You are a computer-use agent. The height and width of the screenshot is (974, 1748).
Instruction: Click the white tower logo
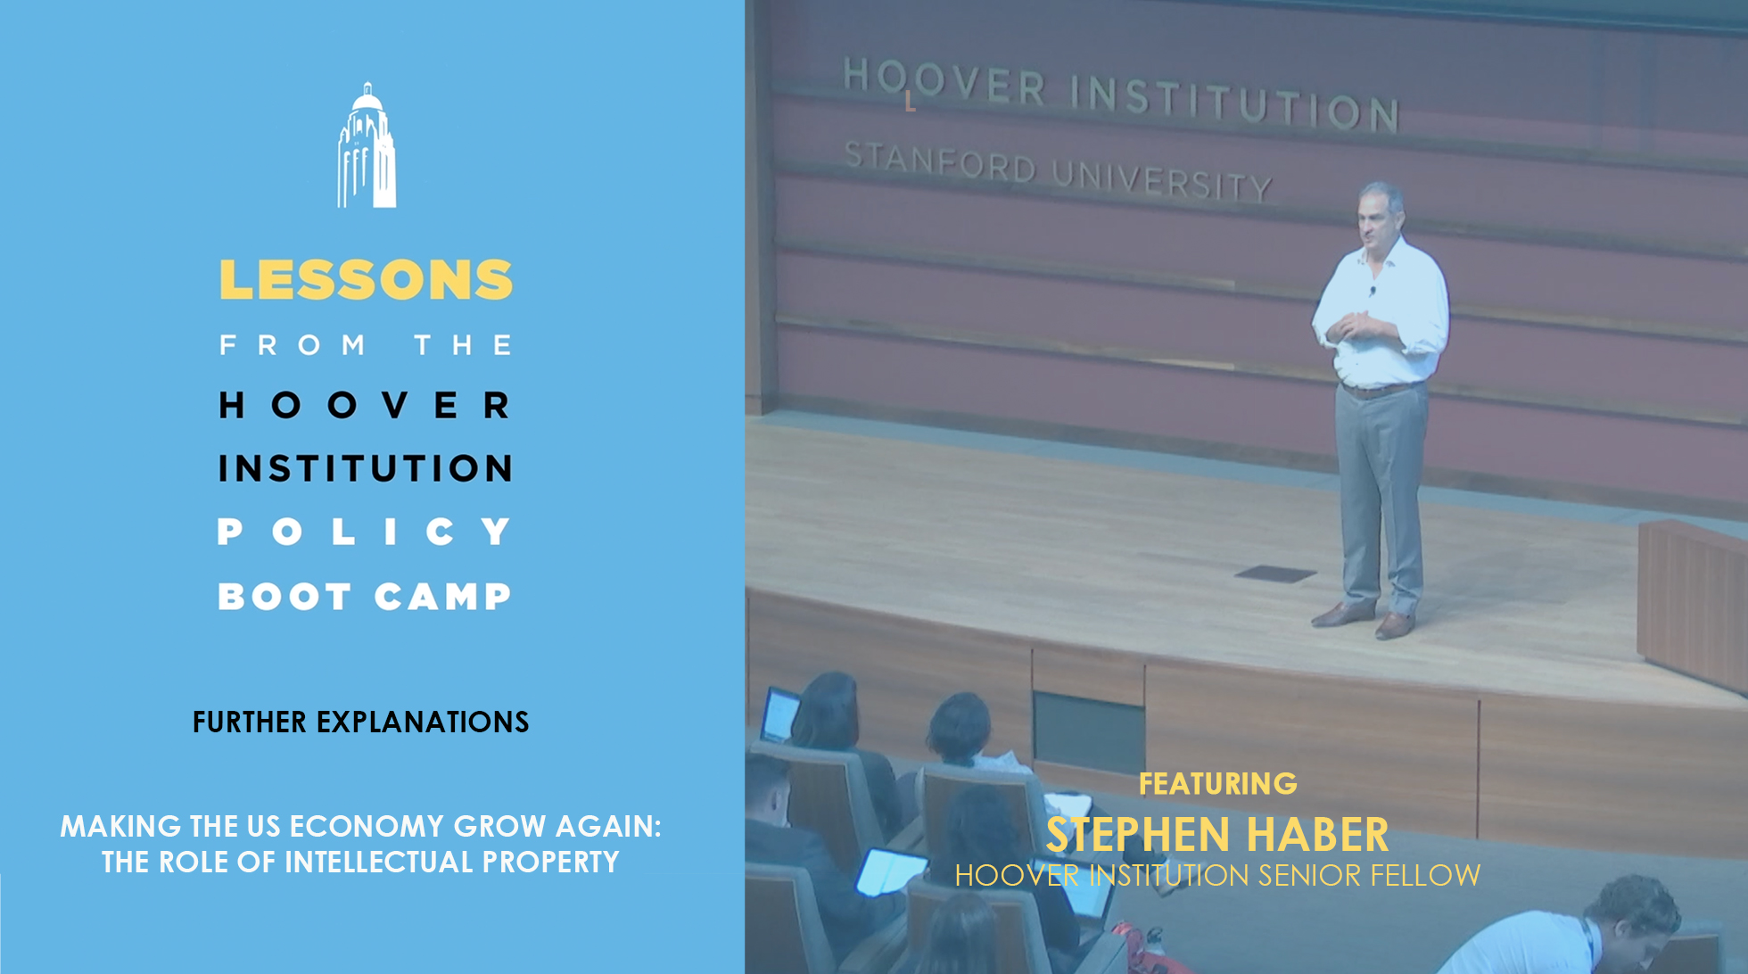(367, 145)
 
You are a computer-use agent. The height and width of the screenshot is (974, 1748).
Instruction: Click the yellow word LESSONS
(366, 280)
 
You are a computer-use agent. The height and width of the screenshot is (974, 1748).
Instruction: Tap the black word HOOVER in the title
(366, 405)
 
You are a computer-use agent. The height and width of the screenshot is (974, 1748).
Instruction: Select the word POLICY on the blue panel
(366, 532)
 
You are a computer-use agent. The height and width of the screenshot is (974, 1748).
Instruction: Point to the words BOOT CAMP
(366, 596)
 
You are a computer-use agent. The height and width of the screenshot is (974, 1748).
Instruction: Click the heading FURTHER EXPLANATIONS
(360, 722)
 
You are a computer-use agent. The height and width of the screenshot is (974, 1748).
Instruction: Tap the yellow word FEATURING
(1218, 784)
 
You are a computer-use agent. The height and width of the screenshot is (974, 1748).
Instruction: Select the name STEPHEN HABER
(1217, 835)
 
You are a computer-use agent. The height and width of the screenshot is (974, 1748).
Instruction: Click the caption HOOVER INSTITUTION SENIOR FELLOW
(1217, 875)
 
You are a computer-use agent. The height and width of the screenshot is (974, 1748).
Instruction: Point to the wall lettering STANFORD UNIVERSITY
(1058, 171)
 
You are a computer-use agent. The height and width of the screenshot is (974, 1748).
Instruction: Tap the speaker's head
(1380, 213)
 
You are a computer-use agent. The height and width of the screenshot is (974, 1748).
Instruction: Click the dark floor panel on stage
(1275, 574)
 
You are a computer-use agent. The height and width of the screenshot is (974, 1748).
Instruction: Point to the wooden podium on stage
(1692, 602)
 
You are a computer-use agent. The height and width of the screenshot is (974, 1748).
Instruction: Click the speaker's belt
(1381, 389)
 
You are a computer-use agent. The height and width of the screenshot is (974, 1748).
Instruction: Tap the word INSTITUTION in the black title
(366, 468)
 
